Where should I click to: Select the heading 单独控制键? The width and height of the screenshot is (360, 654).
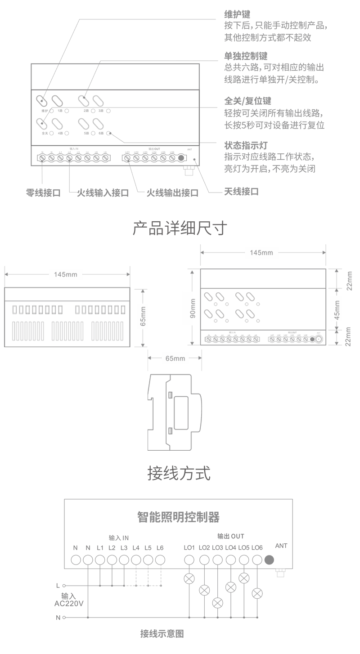coord(246,57)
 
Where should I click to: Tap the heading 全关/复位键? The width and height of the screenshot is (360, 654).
coord(247,101)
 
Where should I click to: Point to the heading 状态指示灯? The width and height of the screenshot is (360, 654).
coord(246,146)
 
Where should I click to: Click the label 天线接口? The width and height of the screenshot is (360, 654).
coord(241,192)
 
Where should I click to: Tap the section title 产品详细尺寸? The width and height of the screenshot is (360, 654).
coord(180,228)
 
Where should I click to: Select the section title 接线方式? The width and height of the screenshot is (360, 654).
coord(179,473)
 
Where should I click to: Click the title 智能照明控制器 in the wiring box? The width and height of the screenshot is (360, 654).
coord(178,517)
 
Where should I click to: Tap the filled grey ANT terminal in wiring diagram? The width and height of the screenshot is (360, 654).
coord(270,560)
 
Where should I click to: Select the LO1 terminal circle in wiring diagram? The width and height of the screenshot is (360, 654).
coord(189,560)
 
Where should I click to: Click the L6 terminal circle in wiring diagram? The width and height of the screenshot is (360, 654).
coord(160,560)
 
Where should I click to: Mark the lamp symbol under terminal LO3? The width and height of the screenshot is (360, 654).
coord(218,603)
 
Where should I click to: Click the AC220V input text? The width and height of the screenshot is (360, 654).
coord(68,603)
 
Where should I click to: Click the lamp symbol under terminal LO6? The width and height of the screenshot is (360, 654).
coord(257,593)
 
